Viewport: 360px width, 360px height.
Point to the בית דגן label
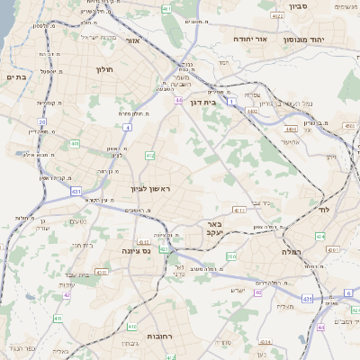(205, 103)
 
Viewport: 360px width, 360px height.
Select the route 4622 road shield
(278, 15)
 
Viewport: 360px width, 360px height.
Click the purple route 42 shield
(67, 294)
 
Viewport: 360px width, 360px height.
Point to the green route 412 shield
(149, 156)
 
